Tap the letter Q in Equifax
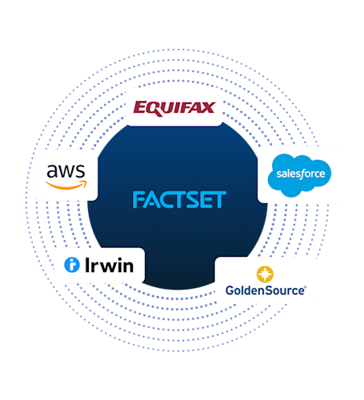coord(150,107)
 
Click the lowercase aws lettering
coord(66,170)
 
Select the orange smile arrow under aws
coord(66,183)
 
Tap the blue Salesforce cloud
coord(298,174)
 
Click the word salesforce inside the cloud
coord(298,173)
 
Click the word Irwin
coord(108,266)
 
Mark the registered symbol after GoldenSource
coord(305,287)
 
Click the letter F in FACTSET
coord(138,200)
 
